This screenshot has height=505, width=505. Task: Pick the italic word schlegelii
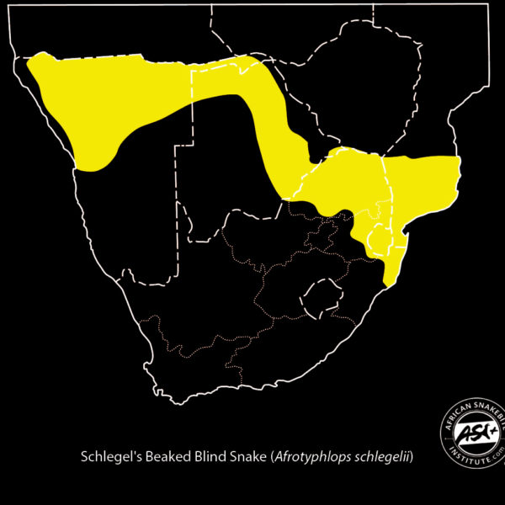point(385,458)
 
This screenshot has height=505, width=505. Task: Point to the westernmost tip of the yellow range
point(29,61)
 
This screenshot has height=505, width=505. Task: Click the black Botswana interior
point(227,168)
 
